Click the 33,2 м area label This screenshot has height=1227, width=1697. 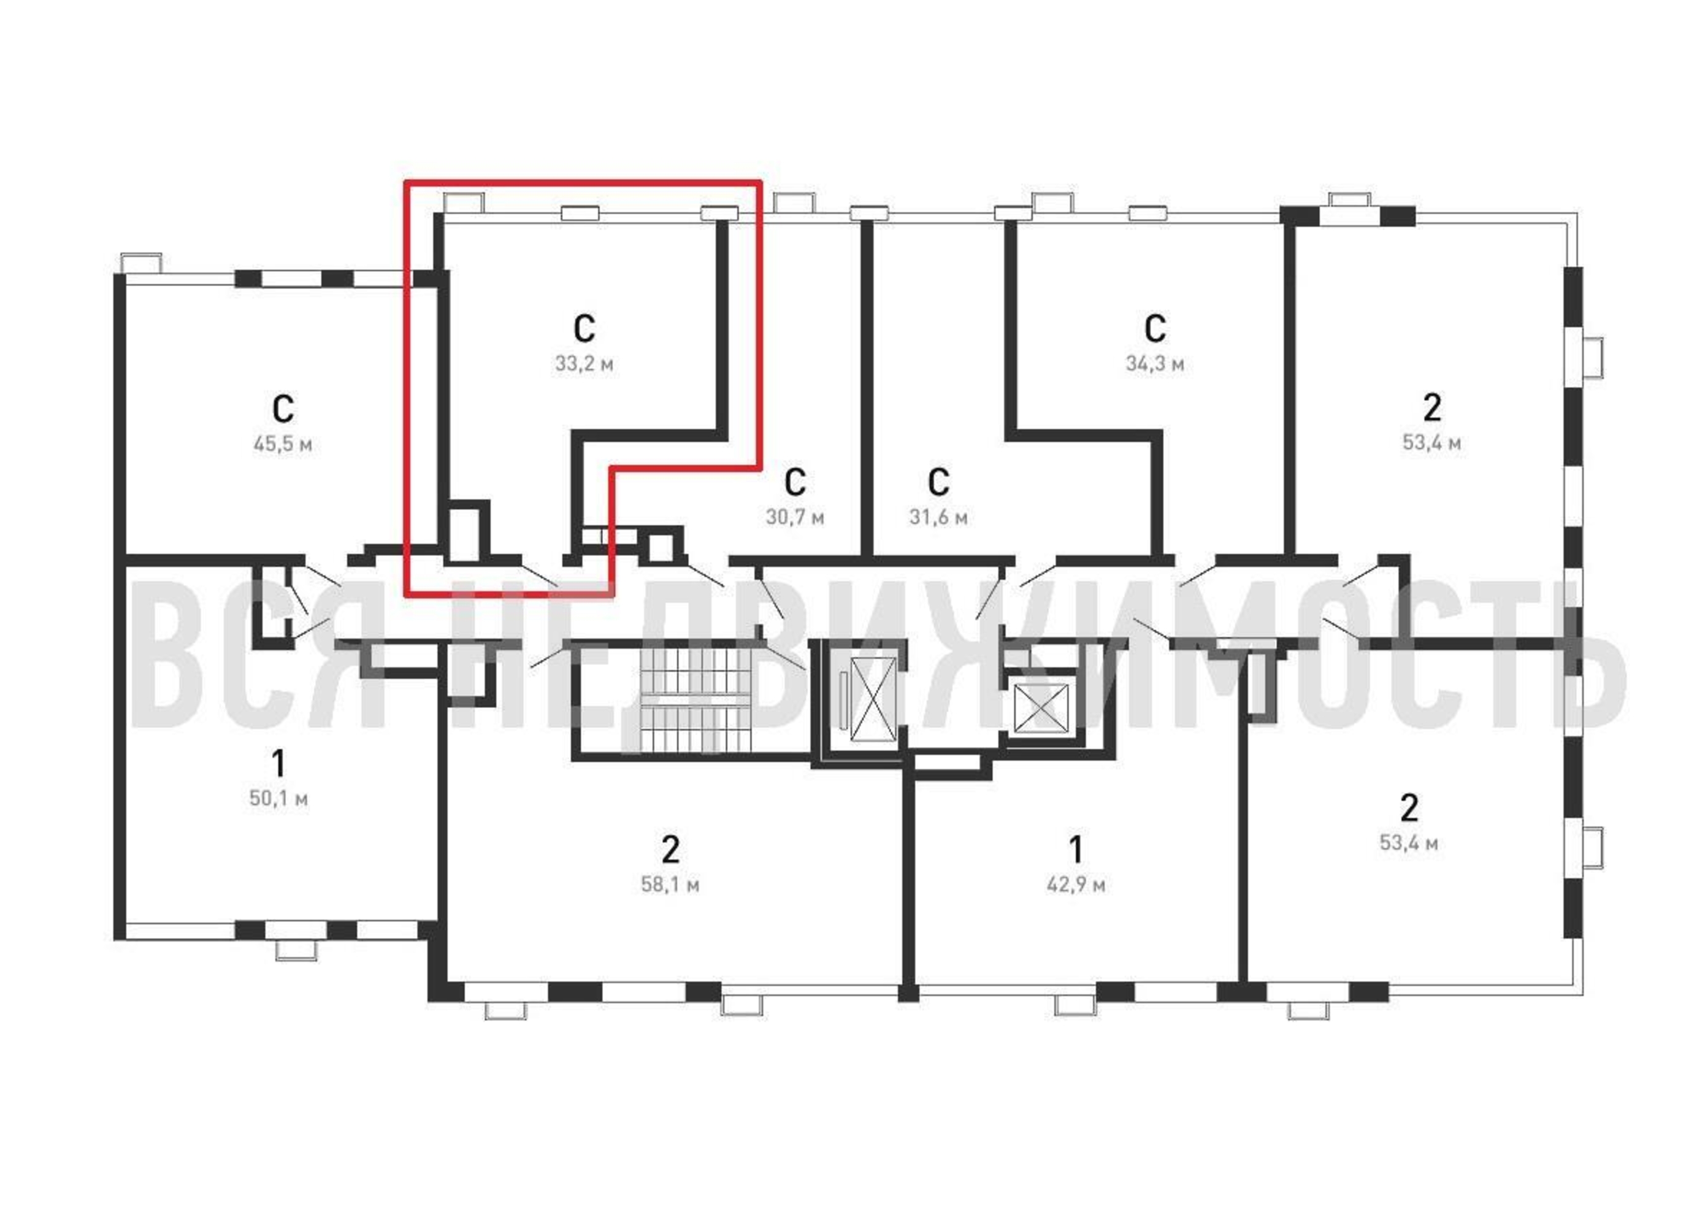(584, 364)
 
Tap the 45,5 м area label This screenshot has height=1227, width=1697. (283, 445)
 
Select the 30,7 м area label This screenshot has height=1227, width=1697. (795, 517)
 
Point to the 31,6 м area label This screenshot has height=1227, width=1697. (938, 517)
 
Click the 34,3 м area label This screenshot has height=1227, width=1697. (1154, 364)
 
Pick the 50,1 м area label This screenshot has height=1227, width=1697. (278, 799)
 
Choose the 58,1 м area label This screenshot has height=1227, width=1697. (670, 885)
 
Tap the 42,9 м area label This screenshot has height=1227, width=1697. (1075, 885)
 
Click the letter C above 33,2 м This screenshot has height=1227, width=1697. (584, 328)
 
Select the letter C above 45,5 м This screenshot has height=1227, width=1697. (283, 409)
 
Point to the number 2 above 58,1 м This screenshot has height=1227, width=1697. (670, 850)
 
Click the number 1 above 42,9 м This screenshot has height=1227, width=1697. (1075, 850)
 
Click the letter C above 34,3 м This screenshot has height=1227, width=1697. (1154, 328)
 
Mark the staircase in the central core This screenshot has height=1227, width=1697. (694, 700)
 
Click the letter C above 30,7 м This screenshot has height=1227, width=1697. (795, 482)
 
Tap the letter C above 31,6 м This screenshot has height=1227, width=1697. (938, 482)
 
